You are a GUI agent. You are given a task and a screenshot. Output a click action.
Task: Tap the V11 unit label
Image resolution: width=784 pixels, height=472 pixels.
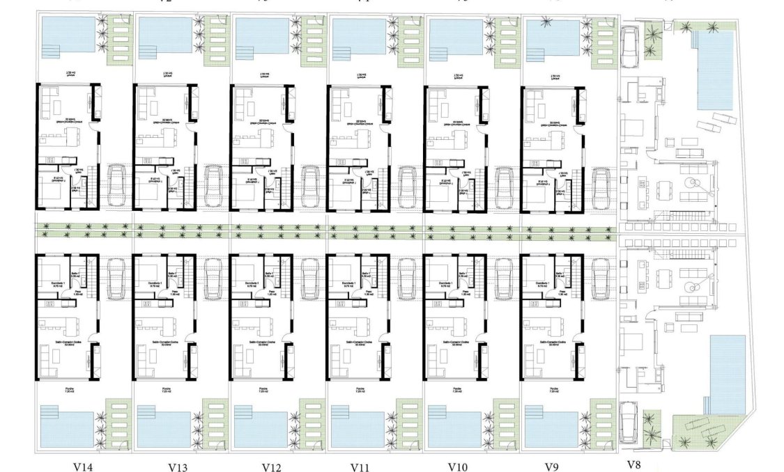[360, 467]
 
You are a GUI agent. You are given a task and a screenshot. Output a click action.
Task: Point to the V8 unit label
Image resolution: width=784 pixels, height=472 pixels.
[633, 464]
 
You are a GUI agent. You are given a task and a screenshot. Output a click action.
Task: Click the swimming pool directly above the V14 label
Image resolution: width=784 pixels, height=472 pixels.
[67, 429]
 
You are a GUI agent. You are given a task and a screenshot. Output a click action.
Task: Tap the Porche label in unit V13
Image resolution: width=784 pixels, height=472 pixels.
[167, 388]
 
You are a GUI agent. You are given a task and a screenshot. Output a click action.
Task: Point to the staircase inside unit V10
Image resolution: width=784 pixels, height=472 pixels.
[475, 278]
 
